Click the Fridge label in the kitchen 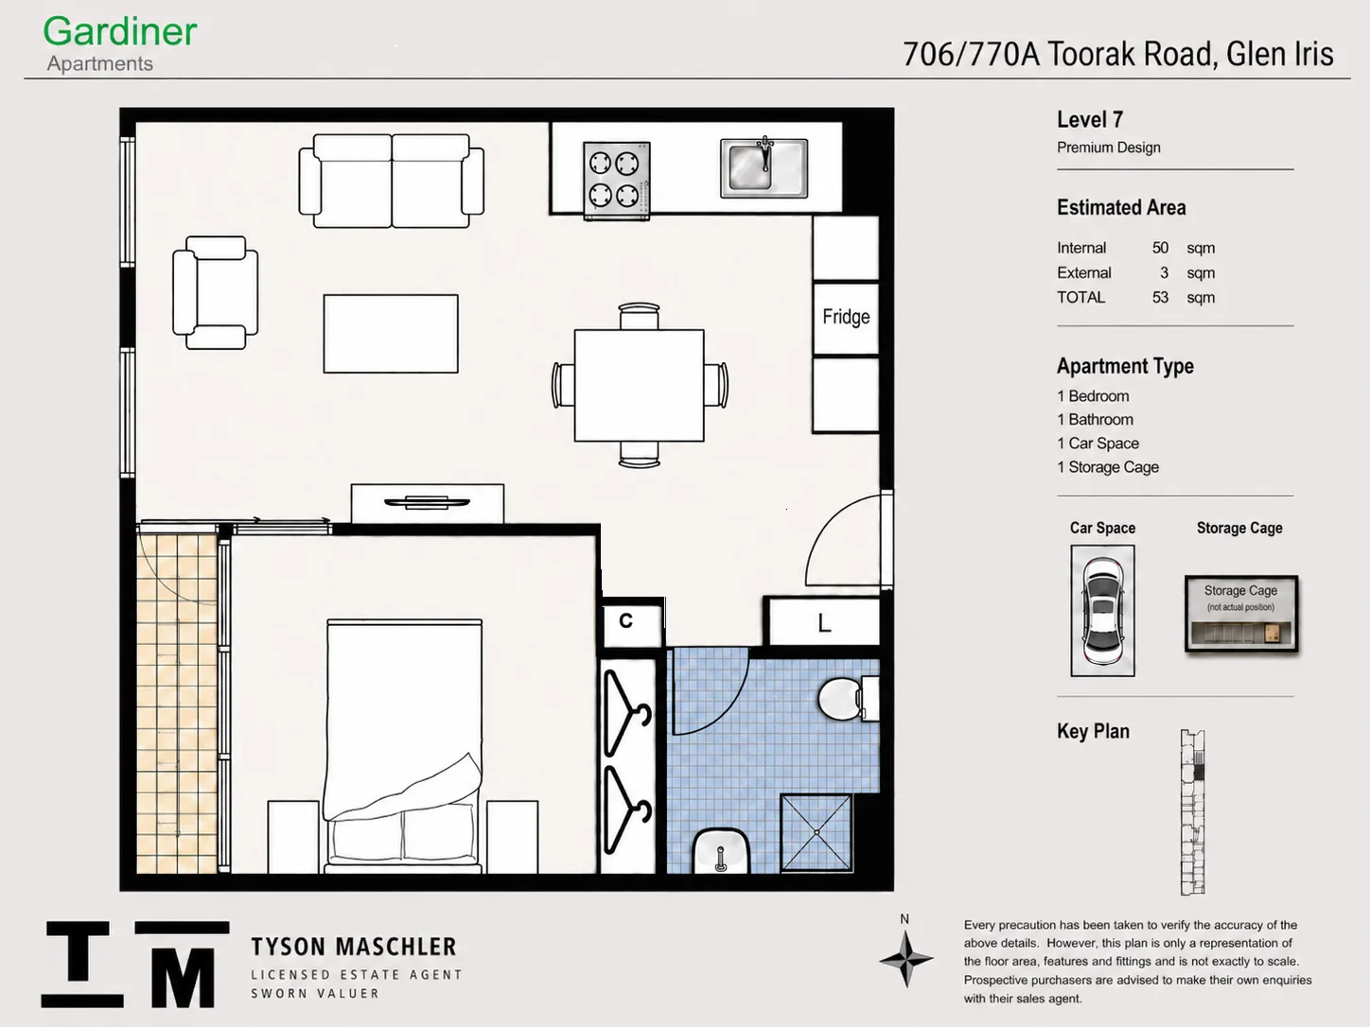[x=846, y=317]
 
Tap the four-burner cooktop [x=617, y=181]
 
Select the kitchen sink [x=764, y=168]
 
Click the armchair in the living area [x=216, y=292]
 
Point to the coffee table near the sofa [x=391, y=334]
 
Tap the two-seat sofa [x=392, y=181]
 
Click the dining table [x=640, y=385]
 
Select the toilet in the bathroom [x=849, y=699]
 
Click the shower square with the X [x=817, y=832]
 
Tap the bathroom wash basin [x=721, y=852]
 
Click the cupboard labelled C [x=632, y=621]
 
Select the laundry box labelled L [x=824, y=621]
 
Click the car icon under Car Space [x=1103, y=611]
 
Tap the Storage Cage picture [x=1241, y=614]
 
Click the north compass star [x=906, y=959]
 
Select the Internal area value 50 [x=1160, y=248]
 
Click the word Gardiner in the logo [x=120, y=31]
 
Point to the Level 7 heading [x=1090, y=119]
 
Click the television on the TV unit [x=427, y=502]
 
